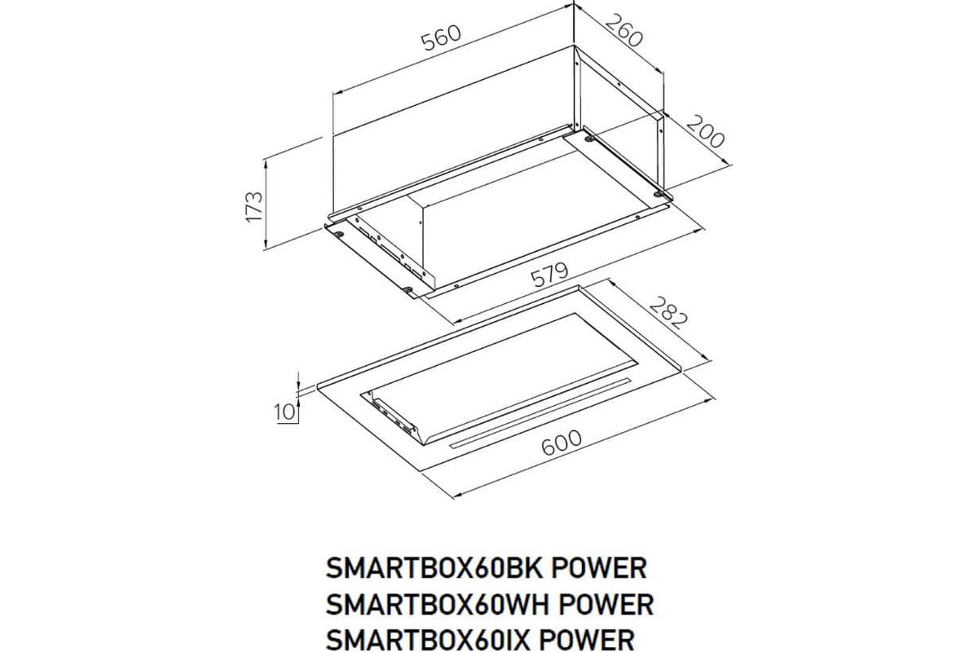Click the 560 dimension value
click(x=441, y=37)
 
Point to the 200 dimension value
click(x=706, y=131)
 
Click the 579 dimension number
click(x=549, y=275)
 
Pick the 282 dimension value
click(x=668, y=313)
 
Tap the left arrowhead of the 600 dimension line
click(x=458, y=495)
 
